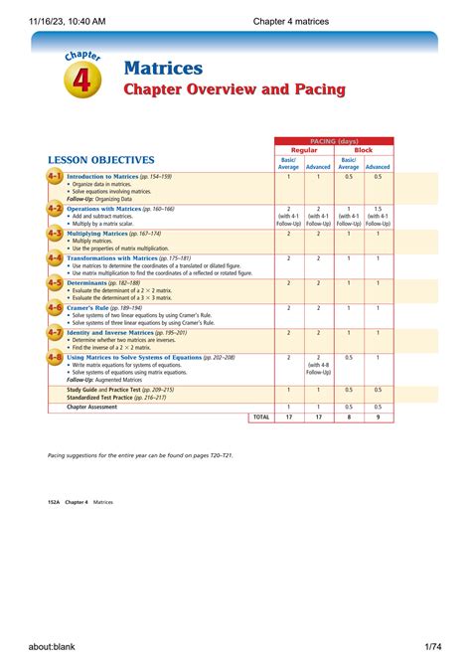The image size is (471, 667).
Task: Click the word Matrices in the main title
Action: tap(163, 69)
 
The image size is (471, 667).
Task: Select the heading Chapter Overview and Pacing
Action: tap(234, 90)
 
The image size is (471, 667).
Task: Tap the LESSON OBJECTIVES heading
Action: tap(100, 160)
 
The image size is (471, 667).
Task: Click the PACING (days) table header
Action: tap(334, 141)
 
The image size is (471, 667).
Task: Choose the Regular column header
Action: tap(303, 150)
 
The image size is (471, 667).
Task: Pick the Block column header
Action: tap(364, 150)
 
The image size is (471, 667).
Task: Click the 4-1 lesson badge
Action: tap(55, 177)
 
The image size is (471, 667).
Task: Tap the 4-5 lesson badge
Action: tap(55, 283)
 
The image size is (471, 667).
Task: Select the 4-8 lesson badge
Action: tap(55, 357)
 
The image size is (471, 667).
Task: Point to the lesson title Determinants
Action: tap(93, 282)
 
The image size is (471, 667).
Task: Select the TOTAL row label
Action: tap(260, 417)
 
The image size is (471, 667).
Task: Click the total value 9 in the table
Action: tap(378, 417)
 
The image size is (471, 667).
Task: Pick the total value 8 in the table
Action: tap(348, 417)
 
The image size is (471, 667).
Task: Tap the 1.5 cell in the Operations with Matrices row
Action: tap(378, 210)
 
